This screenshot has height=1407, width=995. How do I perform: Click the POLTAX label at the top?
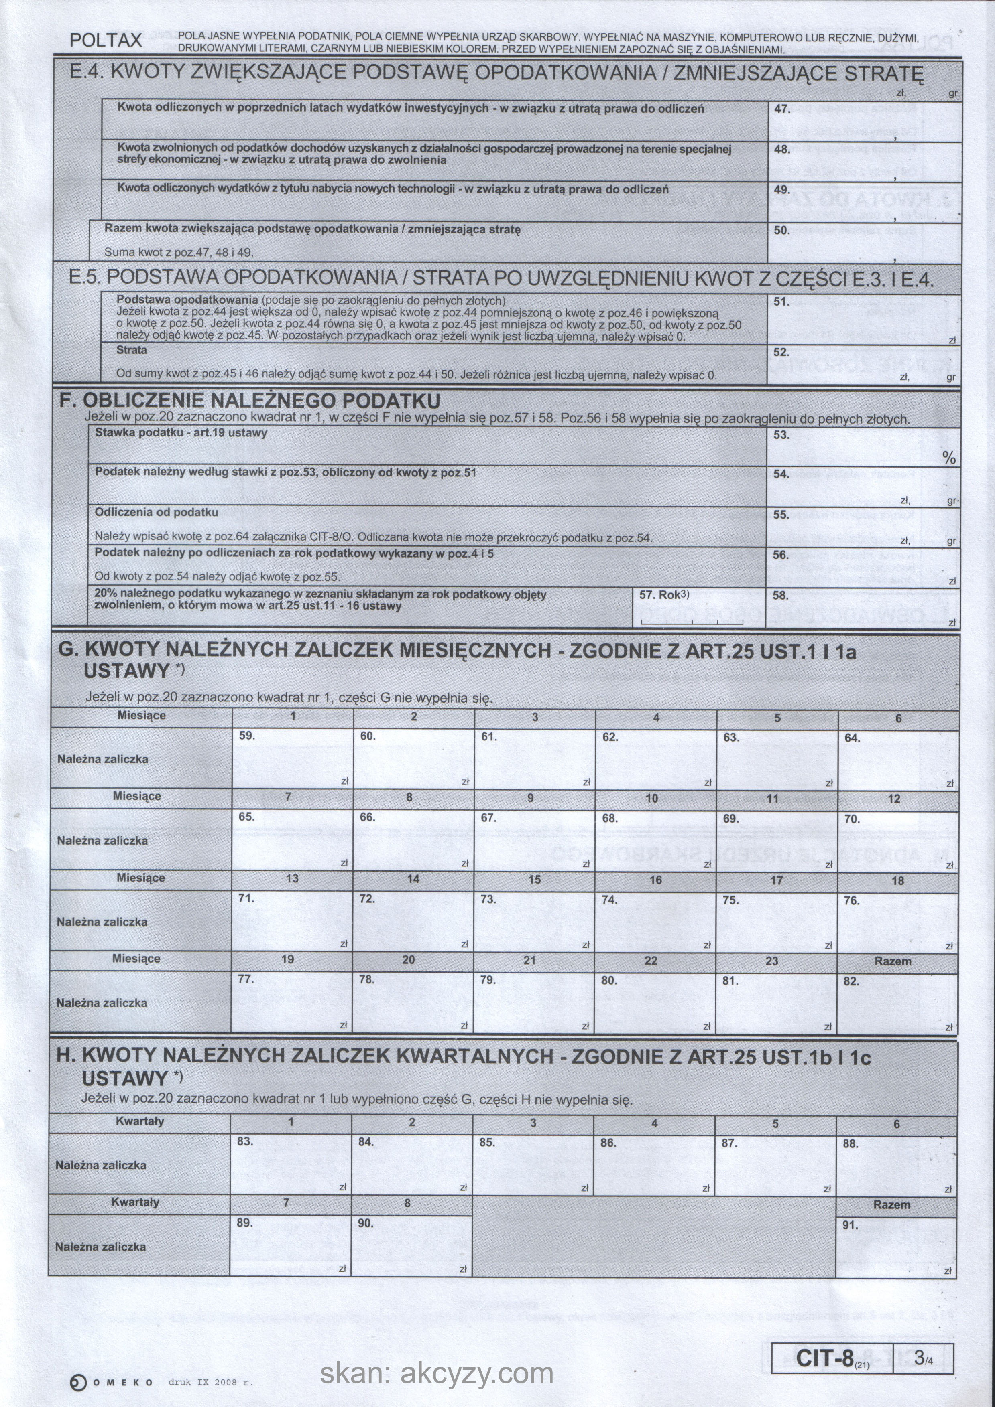[106, 41]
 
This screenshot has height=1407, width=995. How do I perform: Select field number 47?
[864, 120]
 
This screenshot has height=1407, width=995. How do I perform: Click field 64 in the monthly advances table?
[897, 759]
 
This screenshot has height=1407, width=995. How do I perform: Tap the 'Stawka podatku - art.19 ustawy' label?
[181, 433]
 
